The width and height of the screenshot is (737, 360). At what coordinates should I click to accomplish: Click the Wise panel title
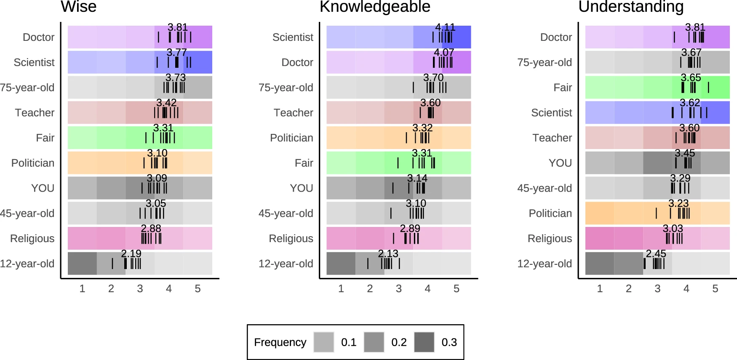tap(78, 7)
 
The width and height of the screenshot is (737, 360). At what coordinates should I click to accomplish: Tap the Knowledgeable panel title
tap(375, 7)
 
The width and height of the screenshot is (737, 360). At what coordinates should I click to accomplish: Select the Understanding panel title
tap(631, 7)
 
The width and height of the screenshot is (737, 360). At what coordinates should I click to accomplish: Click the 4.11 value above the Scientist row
tap(445, 27)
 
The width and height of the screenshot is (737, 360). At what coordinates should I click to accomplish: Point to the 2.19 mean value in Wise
tap(131, 253)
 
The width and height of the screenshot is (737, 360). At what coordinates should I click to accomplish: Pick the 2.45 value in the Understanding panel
tap(656, 253)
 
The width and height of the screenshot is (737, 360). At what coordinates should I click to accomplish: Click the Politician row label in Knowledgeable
tap(291, 138)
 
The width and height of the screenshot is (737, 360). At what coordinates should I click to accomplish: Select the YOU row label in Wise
tap(43, 188)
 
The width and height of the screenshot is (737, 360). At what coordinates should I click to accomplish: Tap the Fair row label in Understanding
tap(563, 88)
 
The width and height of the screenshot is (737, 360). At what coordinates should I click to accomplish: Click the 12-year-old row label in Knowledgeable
tap(286, 264)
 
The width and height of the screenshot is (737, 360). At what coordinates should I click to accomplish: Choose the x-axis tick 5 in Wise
tap(198, 289)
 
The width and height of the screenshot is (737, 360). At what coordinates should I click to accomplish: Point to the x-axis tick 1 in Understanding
tap(600, 289)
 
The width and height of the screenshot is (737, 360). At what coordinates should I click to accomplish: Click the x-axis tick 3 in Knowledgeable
tap(398, 289)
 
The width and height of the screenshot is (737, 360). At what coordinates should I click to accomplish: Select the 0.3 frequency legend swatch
tap(424, 342)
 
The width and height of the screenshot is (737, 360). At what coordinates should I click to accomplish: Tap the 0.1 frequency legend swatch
tap(323, 342)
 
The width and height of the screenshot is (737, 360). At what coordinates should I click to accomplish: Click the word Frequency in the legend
tap(280, 342)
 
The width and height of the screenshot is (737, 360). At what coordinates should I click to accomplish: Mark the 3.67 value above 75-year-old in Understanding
tap(691, 53)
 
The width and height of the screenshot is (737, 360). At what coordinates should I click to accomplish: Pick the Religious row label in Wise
tap(32, 239)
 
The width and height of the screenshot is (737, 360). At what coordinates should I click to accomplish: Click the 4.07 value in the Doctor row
tap(444, 53)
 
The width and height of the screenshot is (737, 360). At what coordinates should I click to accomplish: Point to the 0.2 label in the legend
tap(399, 342)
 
